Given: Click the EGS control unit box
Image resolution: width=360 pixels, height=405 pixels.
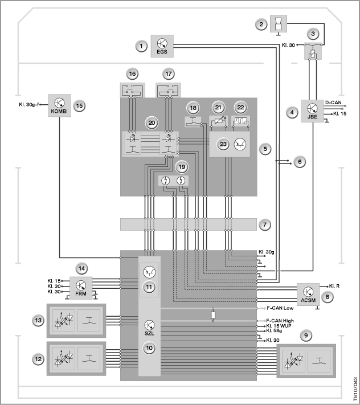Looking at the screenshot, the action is (x=162, y=46).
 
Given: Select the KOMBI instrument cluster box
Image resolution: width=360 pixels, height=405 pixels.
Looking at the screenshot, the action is (x=59, y=105).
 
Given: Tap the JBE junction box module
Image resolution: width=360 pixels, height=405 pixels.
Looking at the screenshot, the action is (x=312, y=111).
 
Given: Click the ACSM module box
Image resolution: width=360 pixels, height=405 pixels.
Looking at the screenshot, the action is (x=308, y=294).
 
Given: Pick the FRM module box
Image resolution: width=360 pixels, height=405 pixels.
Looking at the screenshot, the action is (x=81, y=288).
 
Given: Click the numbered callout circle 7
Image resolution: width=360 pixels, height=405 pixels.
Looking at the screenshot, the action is (x=265, y=224).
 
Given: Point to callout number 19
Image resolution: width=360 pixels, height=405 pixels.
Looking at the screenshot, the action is (x=182, y=167).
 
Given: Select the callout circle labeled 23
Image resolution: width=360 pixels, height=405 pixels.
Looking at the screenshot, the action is (x=223, y=144).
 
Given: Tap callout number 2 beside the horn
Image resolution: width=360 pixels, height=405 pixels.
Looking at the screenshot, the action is (x=261, y=24).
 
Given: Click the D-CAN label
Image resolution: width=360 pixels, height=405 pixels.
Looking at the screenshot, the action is (x=333, y=103).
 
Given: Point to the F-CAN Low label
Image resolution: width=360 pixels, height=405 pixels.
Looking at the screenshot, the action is (x=280, y=308).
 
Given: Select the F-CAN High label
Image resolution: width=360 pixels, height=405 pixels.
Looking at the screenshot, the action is (x=280, y=321).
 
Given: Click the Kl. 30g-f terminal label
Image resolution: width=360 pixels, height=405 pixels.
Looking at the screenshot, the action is (x=29, y=105).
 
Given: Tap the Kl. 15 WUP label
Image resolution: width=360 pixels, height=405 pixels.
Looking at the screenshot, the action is (x=279, y=326).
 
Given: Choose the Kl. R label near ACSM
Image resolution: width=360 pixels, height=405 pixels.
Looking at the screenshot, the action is (x=334, y=286).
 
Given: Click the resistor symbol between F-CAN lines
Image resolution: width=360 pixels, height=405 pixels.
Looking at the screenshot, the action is (x=213, y=315).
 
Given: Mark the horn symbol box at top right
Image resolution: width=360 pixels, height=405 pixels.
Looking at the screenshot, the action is (x=279, y=24).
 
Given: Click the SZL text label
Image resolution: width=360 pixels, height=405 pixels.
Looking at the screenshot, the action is (x=149, y=333).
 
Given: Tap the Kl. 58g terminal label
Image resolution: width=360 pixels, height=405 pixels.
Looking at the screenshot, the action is (x=274, y=330).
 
